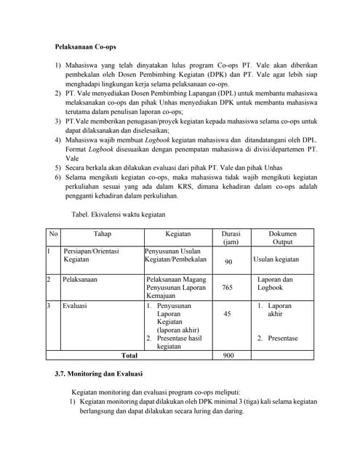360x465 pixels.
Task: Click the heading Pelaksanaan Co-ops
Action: pos(86,46)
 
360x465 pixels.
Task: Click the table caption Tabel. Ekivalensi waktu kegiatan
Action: pos(119,214)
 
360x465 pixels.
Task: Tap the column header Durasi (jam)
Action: pos(228,238)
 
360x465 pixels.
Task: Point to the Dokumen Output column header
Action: pos(282,238)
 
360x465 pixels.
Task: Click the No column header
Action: pos(53,234)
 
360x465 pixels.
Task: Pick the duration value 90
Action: pos(228,262)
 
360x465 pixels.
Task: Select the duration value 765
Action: pos(228,288)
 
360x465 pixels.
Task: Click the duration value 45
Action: pos(228,314)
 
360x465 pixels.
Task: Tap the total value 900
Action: pos(228,356)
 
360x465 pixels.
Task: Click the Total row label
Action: pos(129,356)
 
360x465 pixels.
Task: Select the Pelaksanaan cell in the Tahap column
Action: pos(81,278)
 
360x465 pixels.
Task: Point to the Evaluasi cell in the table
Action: pos(75,306)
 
